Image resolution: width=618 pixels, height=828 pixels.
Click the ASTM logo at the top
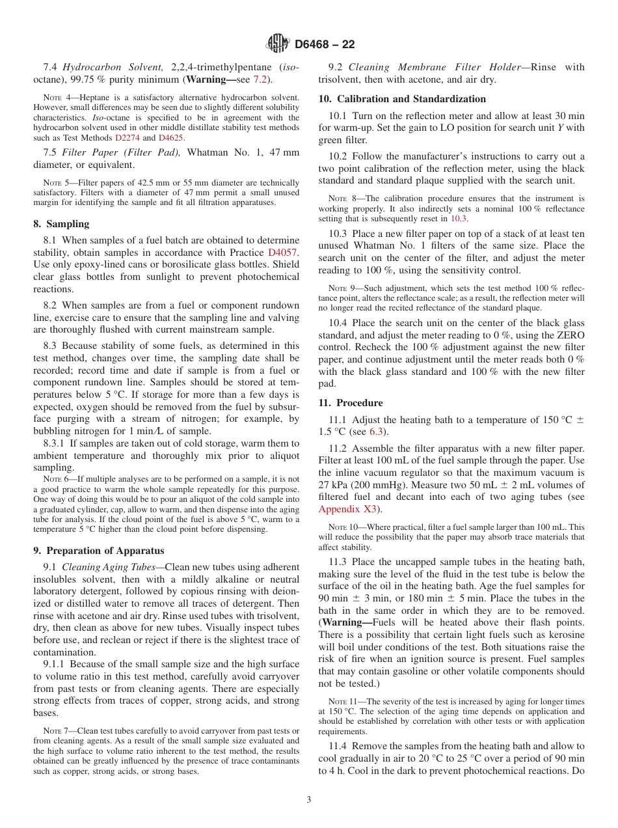[x=278, y=44]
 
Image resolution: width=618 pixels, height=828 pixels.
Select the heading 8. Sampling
[x=61, y=224]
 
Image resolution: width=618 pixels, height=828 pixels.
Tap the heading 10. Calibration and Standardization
[x=402, y=99]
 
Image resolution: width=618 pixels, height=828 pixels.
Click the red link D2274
[x=127, y=138]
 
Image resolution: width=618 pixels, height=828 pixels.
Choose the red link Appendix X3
[x=347, y=508]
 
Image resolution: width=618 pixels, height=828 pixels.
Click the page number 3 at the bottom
[x=309, y=799]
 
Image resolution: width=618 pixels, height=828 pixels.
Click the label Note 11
[x=343, y=701]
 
